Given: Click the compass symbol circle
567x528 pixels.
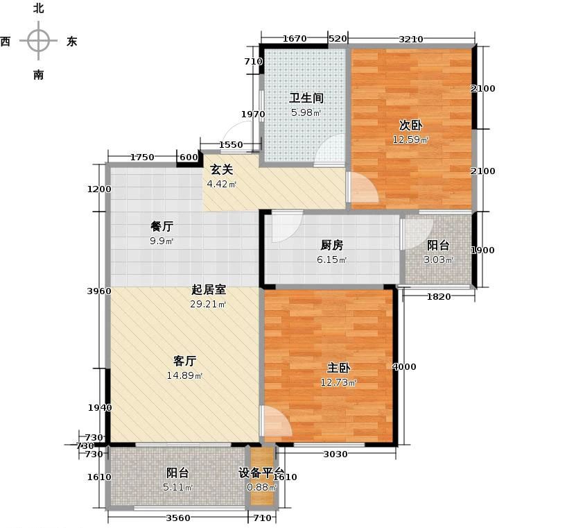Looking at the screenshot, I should click(x=39, y=41).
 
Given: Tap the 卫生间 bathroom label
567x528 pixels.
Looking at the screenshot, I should click(x=306, y=99).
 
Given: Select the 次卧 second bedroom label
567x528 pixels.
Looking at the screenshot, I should click(x=410, y=126).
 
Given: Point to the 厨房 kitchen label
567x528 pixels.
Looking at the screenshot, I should click(x=331, y=245).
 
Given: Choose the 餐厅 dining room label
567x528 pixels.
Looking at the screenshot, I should click(x=162, y=226).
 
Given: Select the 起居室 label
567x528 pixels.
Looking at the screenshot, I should click(x=208, y=291).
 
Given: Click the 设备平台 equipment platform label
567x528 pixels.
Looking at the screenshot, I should click(x=262, y=472).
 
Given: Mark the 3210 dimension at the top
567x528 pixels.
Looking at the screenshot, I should click(x=411, y=39).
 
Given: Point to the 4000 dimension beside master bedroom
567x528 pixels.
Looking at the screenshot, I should click(x=405, y=366).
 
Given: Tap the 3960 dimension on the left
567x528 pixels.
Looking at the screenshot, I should click(x=100, y=291).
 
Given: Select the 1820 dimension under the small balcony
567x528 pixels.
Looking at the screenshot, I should click(x=438, y=297).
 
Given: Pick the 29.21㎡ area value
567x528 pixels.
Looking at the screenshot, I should click(x=208, y=304).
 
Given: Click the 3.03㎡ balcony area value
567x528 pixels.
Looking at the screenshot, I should click(x=438, y=259).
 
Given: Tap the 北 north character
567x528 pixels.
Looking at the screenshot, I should click(x=39, y=9).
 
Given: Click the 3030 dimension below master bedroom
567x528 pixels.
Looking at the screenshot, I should click(x=335, y=454).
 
